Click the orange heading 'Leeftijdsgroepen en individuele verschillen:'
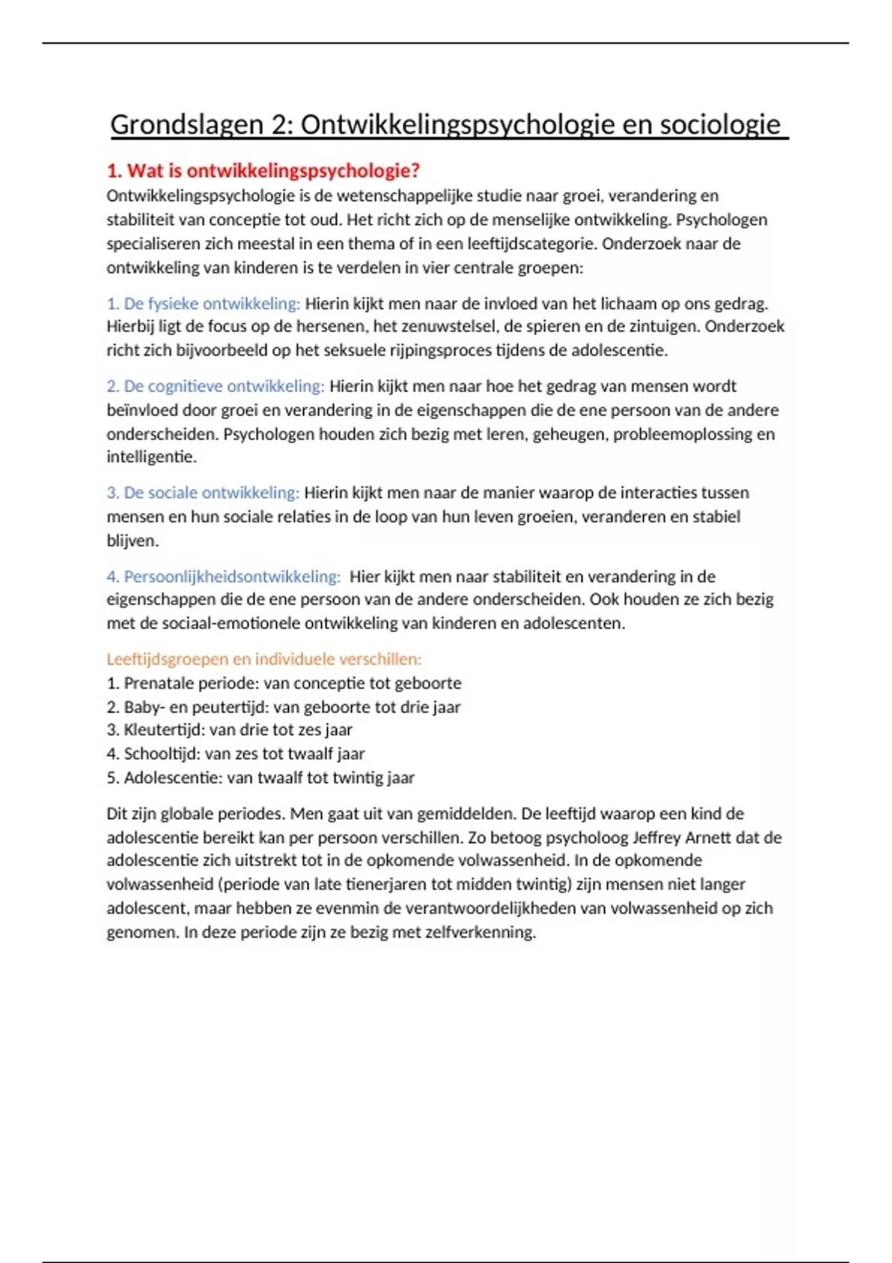click(x=264, y=659)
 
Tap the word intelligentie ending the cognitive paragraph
click(x=151, y=457)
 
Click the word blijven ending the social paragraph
click(x=132, y=541)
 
